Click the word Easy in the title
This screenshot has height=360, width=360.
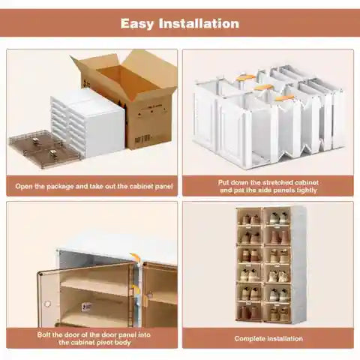click(143, 23)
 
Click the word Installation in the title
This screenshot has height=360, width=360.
click(202, 23)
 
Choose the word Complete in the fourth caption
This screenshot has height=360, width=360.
click(249, 338)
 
